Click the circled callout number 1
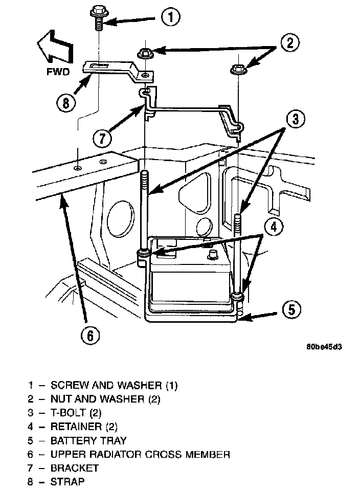(x=171, y=18)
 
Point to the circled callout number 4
(x=274, y=226)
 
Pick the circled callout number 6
(x=89, y=336)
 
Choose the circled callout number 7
(x=102, y=139)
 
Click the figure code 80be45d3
(x=324, y=346)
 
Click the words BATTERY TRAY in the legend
(x=88, y=440)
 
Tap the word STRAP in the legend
(x=67, y=481)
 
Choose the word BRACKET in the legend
(x=75, y=467)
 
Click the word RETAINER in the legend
(x=76, y=426)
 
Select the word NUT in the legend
(x=61, y=398)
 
